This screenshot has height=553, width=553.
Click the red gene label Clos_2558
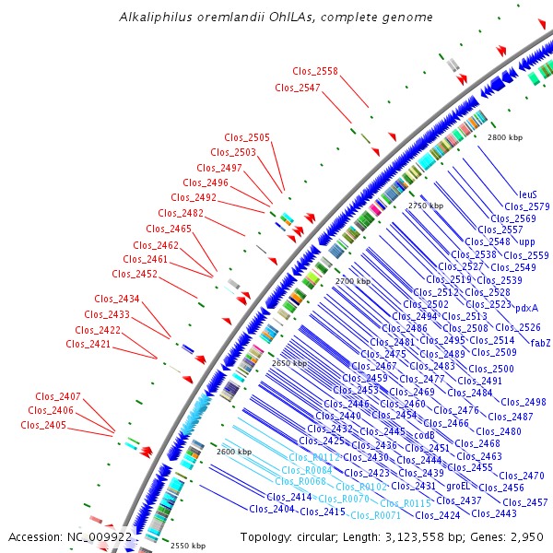315,71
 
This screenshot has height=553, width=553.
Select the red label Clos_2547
298,88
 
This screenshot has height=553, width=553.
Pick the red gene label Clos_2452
135,274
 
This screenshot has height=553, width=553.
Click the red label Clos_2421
88,344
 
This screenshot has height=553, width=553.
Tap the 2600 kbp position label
233,452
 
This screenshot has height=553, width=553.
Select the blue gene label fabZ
540,343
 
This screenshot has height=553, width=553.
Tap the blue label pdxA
526,309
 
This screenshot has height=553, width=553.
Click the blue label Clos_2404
271,509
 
